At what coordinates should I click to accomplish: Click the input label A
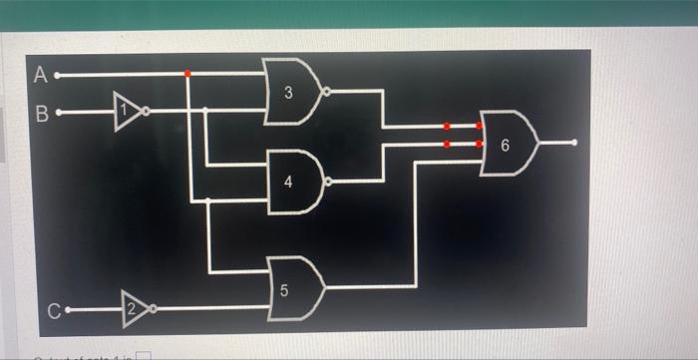coord(40,74)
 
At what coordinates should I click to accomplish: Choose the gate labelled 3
coord(290,93)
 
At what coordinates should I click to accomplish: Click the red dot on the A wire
coord(187,74)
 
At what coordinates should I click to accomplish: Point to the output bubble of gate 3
coord(327,92)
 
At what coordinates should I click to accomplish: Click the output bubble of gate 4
coord(327,181)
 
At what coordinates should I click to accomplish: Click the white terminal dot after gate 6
coord(574,143)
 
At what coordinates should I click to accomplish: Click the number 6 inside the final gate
coord(505,146)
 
